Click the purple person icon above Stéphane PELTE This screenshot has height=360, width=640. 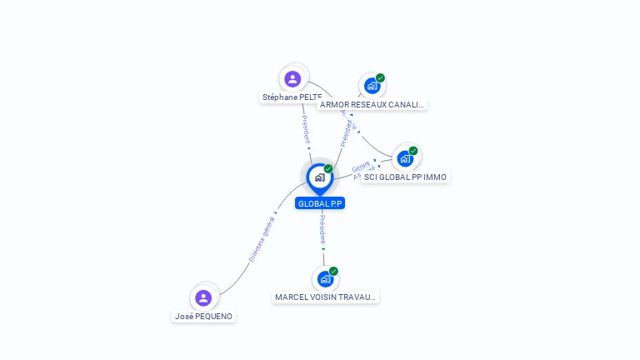point(292,79)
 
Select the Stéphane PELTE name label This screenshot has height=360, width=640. point(292,97)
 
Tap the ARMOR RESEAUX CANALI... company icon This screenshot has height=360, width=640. point(371,86)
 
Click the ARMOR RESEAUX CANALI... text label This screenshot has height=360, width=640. point(372,105)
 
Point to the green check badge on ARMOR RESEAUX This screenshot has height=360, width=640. point(380,78)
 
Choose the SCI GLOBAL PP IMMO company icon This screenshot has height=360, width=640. point(405,158)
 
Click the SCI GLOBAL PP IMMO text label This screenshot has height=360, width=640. point(405,177)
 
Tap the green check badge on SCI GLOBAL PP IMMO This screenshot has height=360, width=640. point(413,151)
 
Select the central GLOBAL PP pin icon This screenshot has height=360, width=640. point(319,177)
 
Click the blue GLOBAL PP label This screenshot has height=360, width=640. point(319,203)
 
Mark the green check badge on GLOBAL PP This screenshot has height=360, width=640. point(328,169)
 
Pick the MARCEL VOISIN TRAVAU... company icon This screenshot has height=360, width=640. point(325,278)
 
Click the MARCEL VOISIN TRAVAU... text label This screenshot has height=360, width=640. point(326,297)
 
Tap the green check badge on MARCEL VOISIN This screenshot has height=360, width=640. point(333,271)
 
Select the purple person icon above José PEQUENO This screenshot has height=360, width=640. point(203,297)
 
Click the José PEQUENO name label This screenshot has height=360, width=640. point(203,317)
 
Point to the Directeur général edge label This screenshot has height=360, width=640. point(261,240)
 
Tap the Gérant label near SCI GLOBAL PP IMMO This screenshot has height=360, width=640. point(360,167)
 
